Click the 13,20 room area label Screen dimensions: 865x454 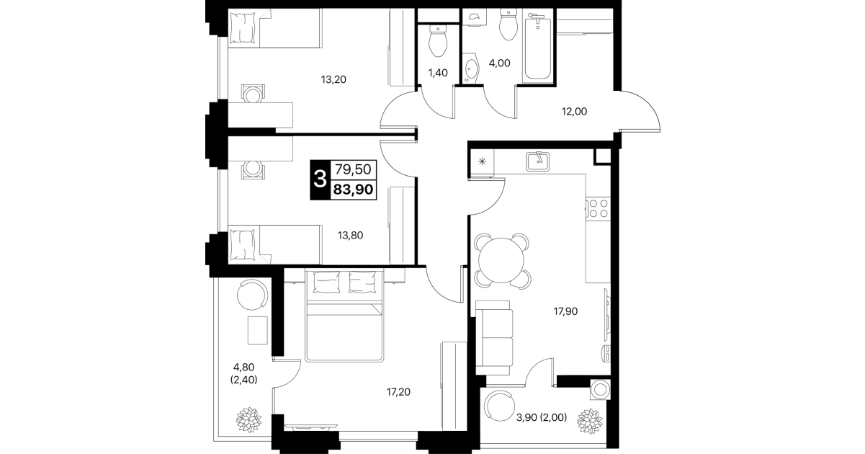pos(333,79)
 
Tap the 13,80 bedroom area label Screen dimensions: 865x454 pos(350,236)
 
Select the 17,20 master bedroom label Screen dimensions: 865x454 pos(398,392)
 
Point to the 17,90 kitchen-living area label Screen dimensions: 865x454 pos(565,311)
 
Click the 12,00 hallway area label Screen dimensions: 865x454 pos(574,112)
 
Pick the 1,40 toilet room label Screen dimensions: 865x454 pos(438,73)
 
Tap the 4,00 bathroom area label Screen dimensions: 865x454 pos(500,63)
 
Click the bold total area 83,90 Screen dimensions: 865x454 pos(354,190)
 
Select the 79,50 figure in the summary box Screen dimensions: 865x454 pos(353,169)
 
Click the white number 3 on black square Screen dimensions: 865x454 pos(320,179)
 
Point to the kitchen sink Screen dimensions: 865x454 pos(538,161)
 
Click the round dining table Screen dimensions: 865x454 pos(501,260)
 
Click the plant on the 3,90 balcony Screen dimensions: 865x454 pos(590,421)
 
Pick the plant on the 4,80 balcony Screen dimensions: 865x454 pos(248,419)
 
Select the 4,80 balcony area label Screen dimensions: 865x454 pos(243,367)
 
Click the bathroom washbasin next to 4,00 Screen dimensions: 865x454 pos(470,71)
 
